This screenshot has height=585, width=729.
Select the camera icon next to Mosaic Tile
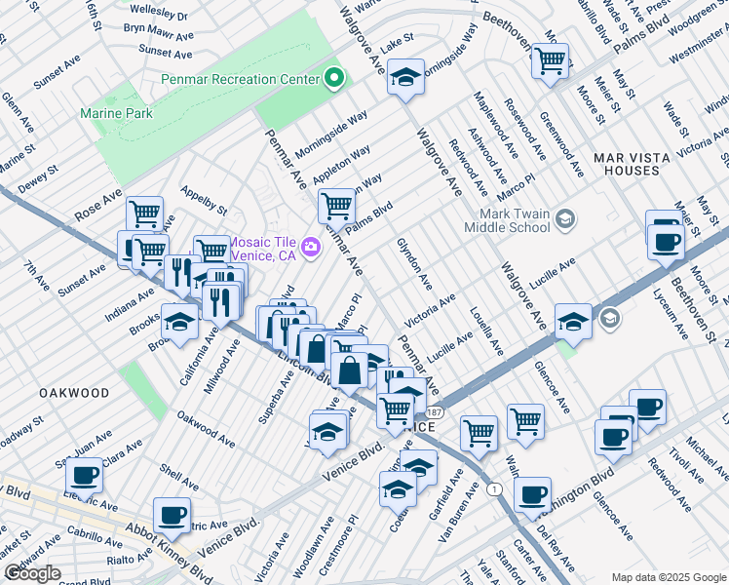point(311,248)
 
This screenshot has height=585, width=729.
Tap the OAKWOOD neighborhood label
point(74,392)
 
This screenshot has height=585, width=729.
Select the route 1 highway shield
point(496,488)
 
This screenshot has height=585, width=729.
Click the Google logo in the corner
point(32,573)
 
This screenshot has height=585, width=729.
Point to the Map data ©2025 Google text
point(668,577)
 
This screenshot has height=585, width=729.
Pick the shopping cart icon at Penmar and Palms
point(336,205)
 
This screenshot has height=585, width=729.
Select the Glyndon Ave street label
point(414,263)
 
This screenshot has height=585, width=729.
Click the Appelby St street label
point(204,203)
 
